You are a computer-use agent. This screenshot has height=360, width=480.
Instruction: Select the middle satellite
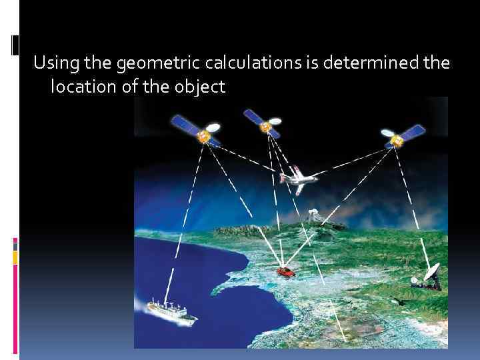click(266, 125)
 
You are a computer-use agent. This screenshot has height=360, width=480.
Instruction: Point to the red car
click(285, 272)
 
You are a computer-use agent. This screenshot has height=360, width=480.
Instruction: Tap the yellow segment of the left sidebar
click(15, 256)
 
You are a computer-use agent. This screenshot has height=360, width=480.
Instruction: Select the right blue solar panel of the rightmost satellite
click(415, 131)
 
